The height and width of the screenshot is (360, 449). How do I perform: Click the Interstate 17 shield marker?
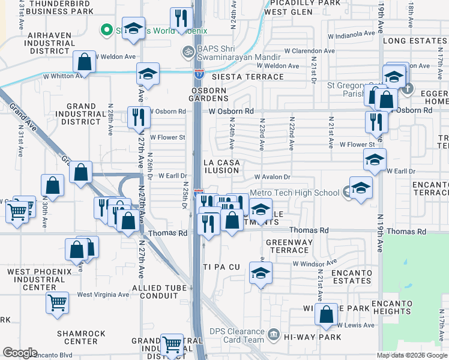pyautogui.click(x=199, y=74)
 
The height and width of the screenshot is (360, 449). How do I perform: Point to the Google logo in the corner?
pyautogui.click(x=20, y=353)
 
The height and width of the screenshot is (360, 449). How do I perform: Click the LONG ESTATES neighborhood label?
pyautogui.click(x=415, y=41)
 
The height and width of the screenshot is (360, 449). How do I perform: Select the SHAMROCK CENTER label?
pyautogui.click(x=81, y=337)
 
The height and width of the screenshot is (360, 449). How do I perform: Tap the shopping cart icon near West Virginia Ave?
pyautogui.click(x=57, y=302)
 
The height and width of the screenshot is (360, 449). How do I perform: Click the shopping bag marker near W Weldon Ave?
pyautogui.click(x=85, y=62)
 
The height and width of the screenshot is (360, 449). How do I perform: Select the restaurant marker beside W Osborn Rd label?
pyautogui.click(x=139, y=116)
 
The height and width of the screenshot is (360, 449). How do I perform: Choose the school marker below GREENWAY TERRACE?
pyautogui.click(x=261, y=274)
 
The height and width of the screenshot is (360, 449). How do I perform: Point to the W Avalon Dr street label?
pyautogui.click(x=272, y=177)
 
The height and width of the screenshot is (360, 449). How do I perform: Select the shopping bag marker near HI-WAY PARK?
pyautogui.click(x=326, y=315)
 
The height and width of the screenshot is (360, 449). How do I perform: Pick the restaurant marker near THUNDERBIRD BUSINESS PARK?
pyautogui.click(x=179, y=19)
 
